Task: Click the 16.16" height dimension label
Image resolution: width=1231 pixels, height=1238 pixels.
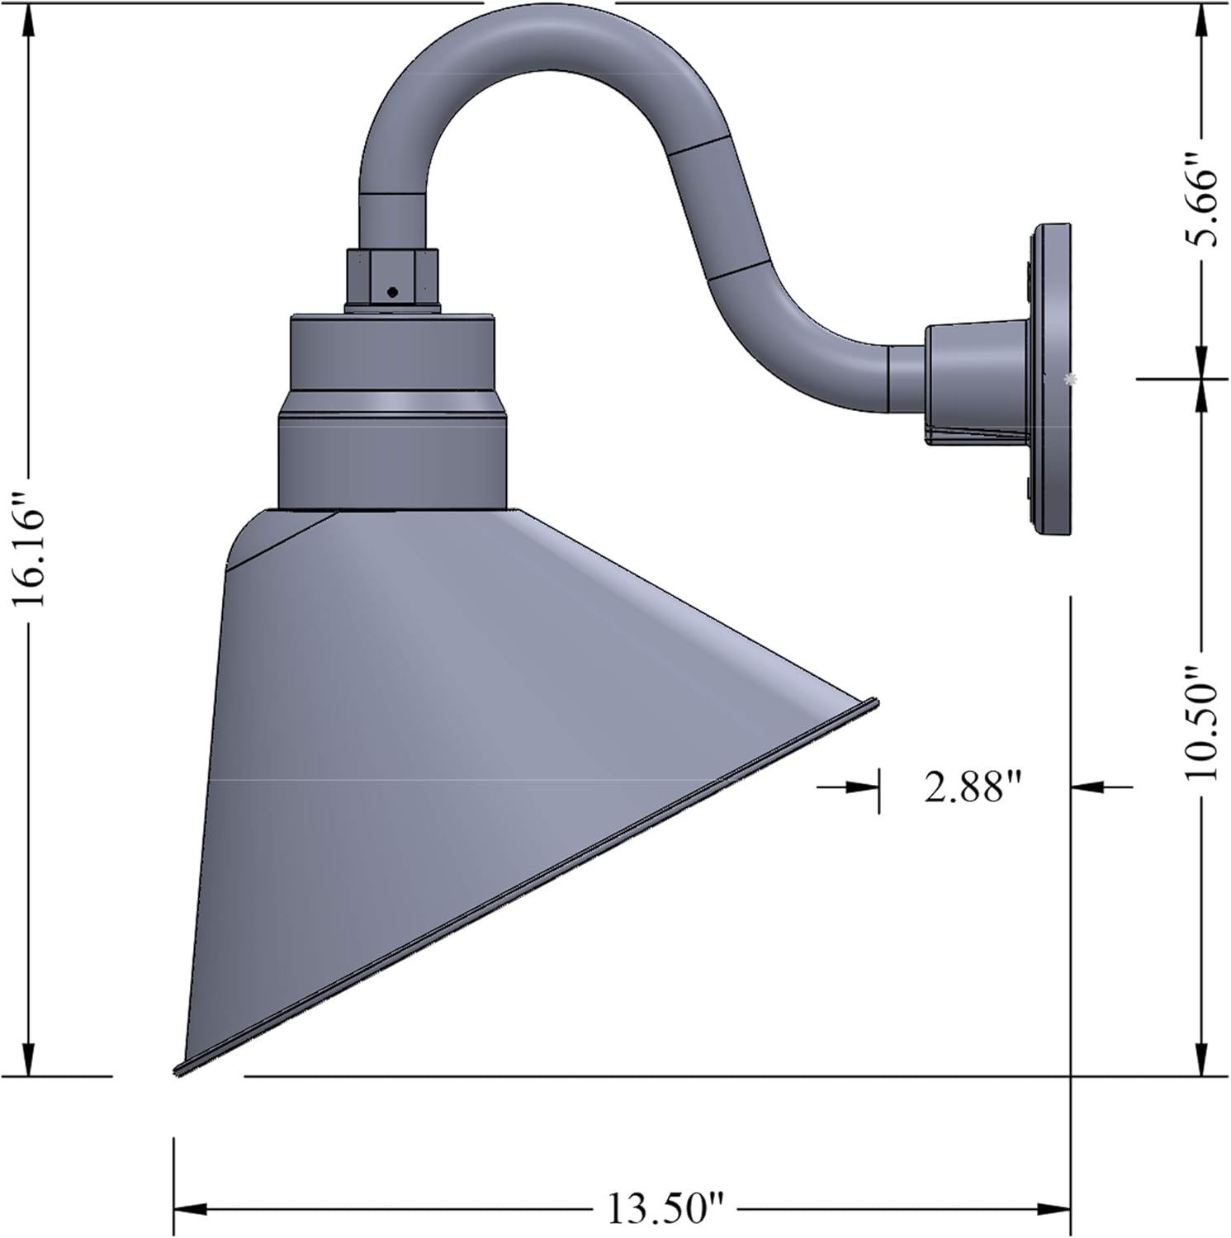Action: click(x=30, y=545)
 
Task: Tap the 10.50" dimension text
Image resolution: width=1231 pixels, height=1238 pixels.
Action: click(x=1202, y=722)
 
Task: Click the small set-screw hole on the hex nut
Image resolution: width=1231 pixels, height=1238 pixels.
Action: click(x=392, y=291)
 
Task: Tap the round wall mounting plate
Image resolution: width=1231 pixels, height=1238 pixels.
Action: click(x=1050, y=380)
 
